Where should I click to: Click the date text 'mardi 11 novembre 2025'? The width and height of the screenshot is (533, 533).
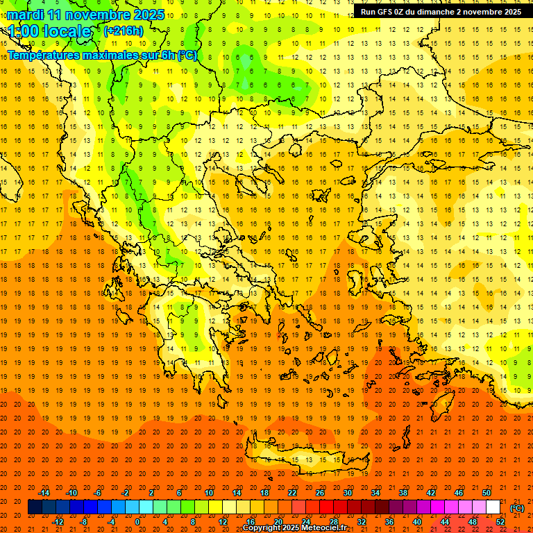pos(85,15)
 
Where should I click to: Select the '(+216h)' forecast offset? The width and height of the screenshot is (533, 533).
pos(124,31)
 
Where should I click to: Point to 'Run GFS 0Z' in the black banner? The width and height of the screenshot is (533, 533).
pos(389,12)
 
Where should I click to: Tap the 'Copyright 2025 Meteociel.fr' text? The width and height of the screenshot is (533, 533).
pos(294,528)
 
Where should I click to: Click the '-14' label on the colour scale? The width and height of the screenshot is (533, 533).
pos(44,493)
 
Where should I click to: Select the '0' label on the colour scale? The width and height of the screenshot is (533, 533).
pos(137,522)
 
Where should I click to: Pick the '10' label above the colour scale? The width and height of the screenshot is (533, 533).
pos(209,493)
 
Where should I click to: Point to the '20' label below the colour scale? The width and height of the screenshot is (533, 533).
pos(278,522)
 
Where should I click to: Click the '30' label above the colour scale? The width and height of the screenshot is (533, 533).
pos(348,493)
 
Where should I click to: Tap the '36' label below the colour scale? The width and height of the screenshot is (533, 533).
pos(389,522)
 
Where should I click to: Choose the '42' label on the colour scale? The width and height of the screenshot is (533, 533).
pos(431,493)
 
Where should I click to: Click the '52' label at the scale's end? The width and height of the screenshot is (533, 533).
pos(500,522)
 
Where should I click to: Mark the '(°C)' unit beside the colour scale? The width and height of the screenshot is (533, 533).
pos(517,508)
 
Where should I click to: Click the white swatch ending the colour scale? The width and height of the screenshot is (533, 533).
pos(493,507)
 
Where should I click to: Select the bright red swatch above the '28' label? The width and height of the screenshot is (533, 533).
pos(327,507)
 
